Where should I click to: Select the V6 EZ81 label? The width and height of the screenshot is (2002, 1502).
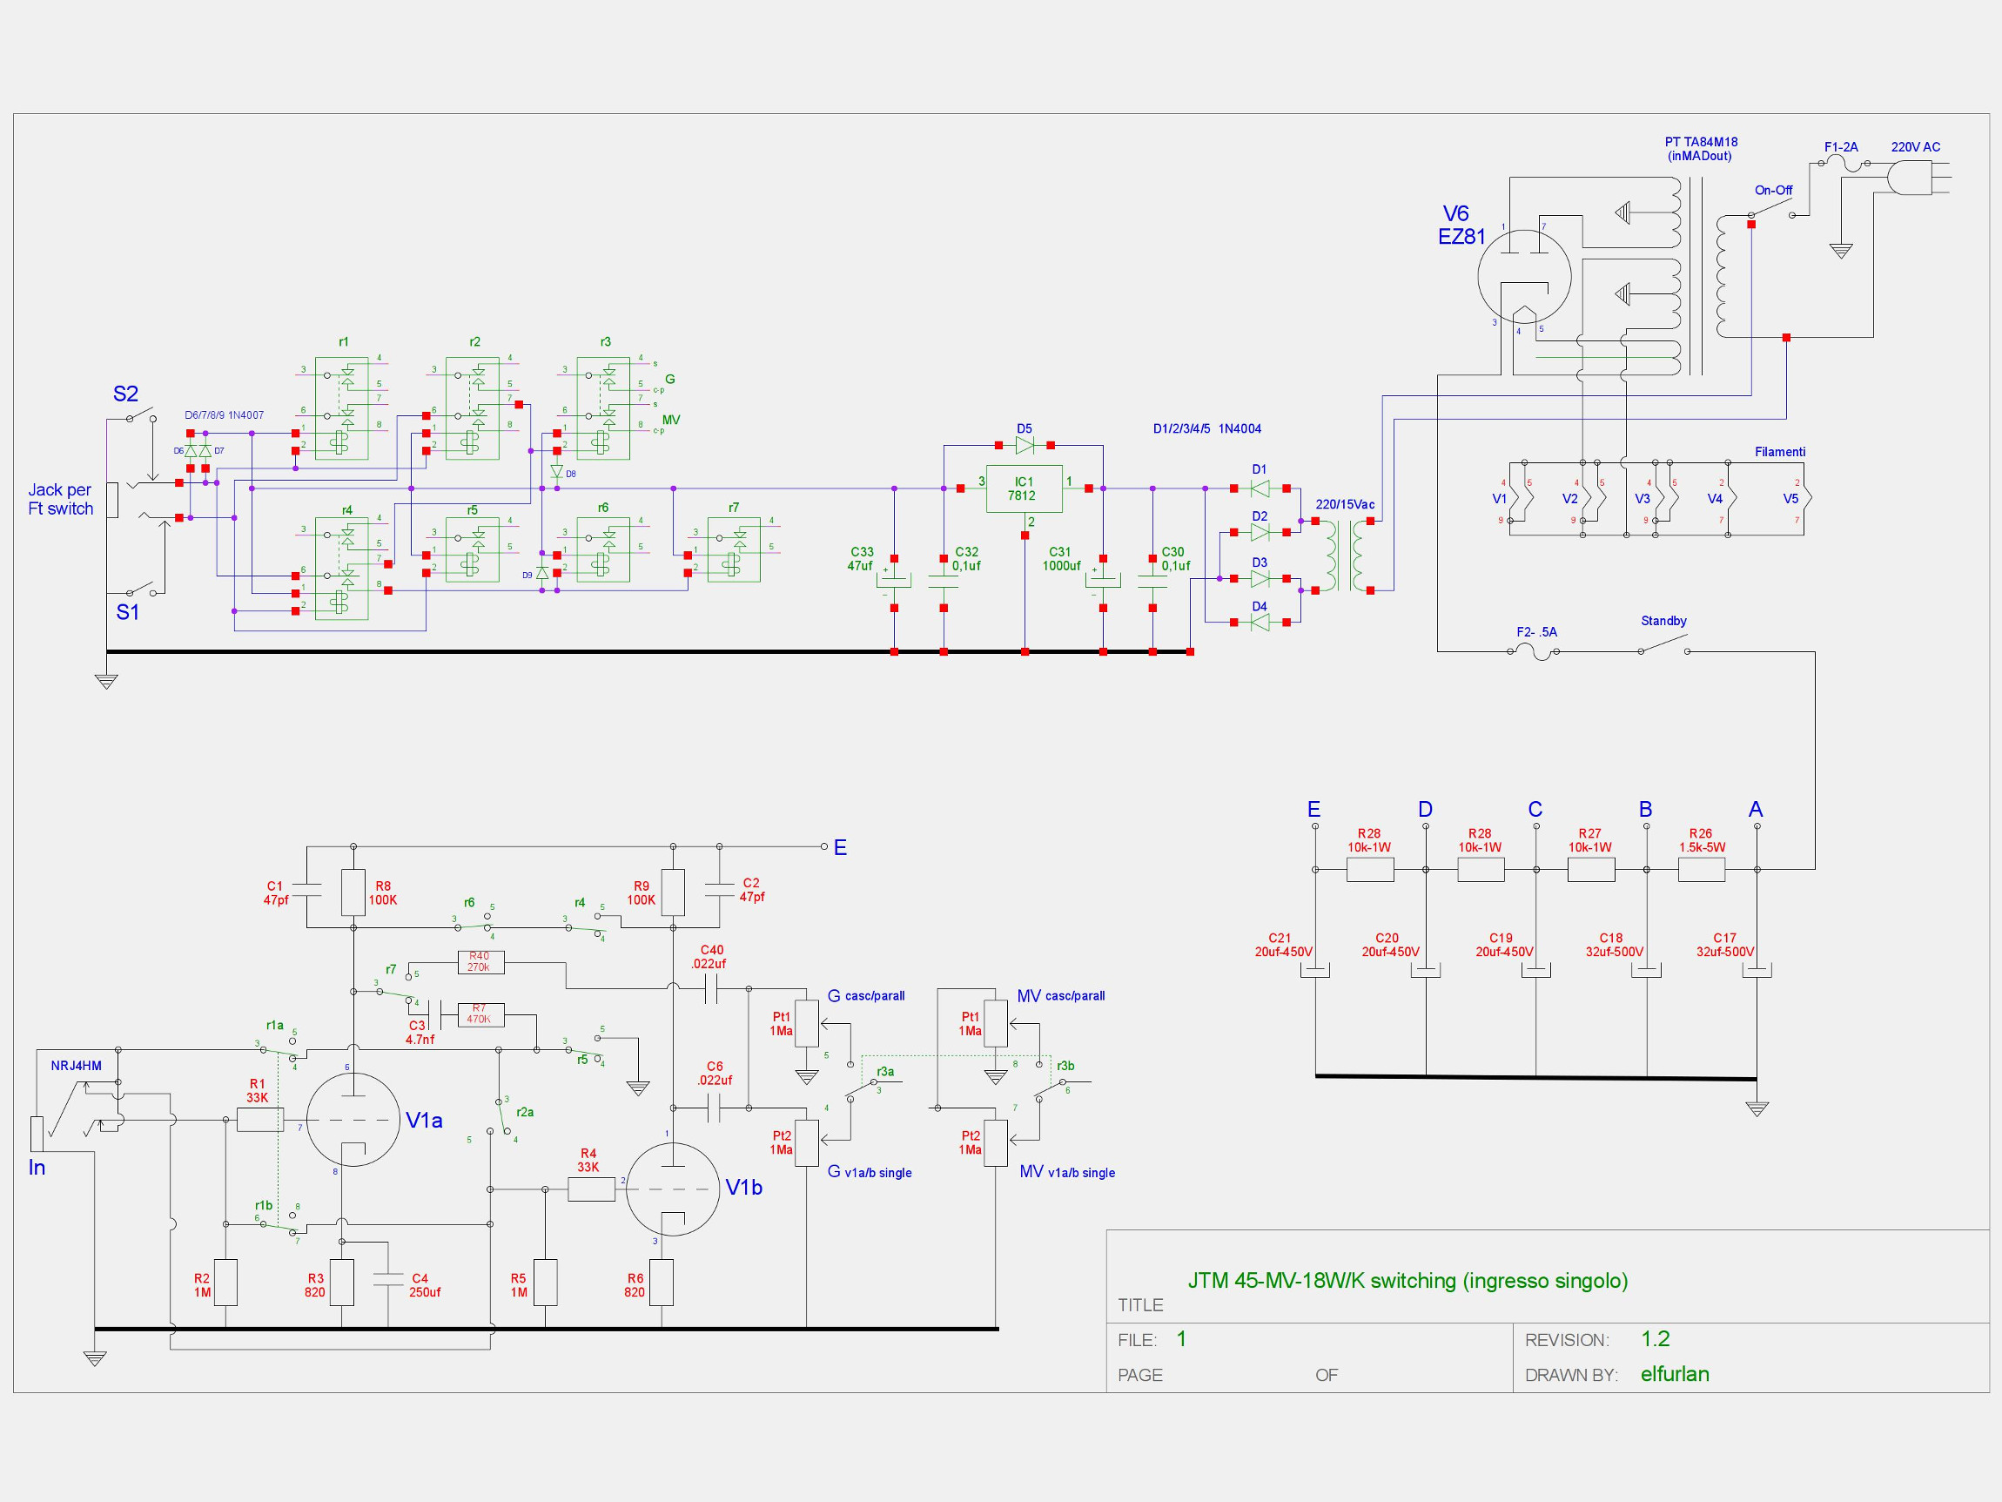[1461, 226]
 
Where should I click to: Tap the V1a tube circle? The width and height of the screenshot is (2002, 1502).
[353, 1120]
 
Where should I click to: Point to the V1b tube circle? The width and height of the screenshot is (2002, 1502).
[673, 1189]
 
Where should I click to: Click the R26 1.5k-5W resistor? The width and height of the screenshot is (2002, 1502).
[1701, 869]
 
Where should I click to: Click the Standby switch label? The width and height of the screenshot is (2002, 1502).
[1663, 621]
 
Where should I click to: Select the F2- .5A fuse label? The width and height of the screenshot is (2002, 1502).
[1537, 632]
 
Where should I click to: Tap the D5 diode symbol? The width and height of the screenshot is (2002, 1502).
[1025, 446]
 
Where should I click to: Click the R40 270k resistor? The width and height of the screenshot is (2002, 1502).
[480, 962]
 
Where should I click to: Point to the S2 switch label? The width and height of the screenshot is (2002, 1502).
[126, 394]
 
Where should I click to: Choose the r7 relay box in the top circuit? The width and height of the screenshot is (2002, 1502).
[734, 549]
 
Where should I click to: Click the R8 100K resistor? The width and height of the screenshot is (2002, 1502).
[353, 893]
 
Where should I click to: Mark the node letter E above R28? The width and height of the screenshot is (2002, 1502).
[1314, 810]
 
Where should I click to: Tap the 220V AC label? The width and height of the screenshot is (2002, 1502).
[1915, 146]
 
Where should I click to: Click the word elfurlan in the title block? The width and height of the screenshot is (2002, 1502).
[1675, 1373]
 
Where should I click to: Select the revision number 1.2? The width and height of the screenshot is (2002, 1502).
[1656, 1338]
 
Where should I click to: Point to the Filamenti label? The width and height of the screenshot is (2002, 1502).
[1779, 452]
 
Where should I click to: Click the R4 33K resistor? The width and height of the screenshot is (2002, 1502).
[591, 1189]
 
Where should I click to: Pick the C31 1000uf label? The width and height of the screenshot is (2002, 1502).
[1061, 559]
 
